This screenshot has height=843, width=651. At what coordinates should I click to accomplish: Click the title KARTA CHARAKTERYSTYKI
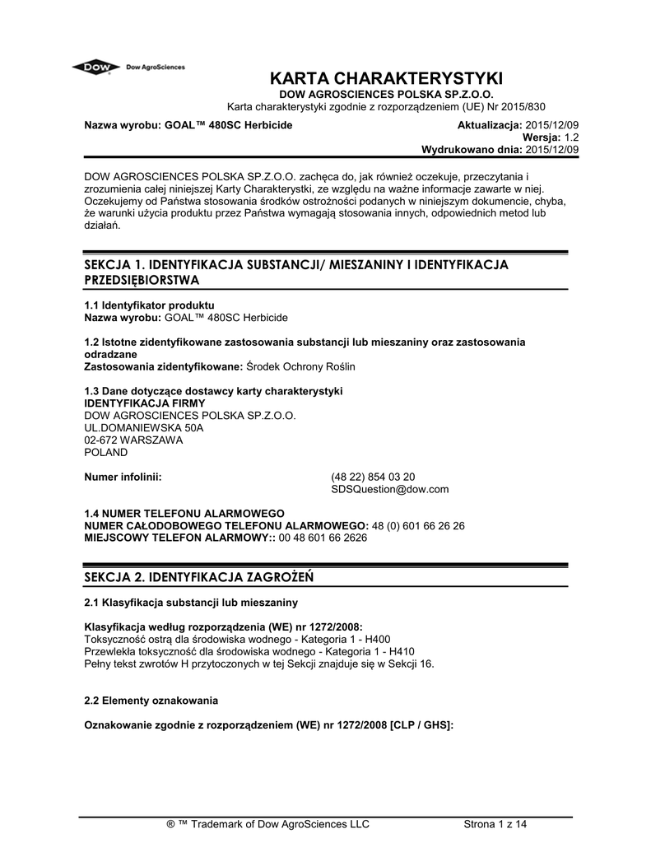click(386, 79)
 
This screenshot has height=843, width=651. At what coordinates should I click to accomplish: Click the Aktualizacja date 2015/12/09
click(552, 124)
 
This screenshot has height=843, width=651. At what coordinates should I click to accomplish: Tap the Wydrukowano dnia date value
click(552, 149)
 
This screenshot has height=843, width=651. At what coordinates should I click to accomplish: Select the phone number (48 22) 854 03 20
click(373, 477)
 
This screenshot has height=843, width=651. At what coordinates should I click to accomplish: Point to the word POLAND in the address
click(107, 452)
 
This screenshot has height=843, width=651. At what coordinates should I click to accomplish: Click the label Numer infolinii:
click(123, 477)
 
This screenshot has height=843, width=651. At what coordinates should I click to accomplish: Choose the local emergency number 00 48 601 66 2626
click(323, 538)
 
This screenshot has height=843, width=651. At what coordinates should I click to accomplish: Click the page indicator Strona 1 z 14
click(495, 825)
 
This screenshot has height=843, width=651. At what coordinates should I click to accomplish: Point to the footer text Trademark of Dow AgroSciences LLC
click(280, 825)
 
